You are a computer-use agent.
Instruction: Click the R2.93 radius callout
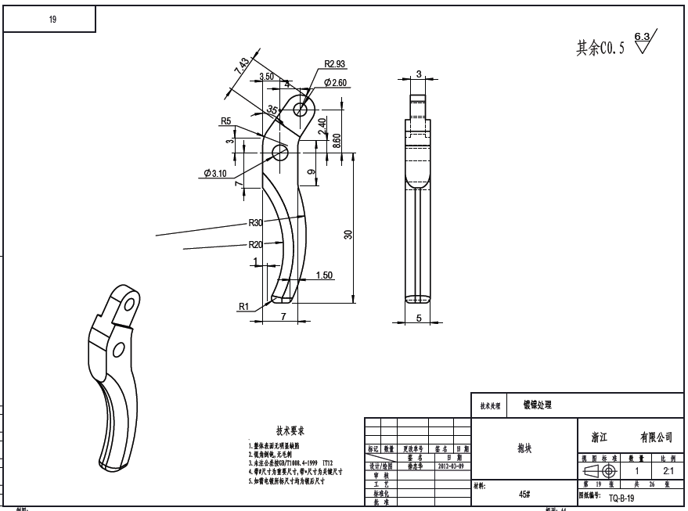pos(335,65)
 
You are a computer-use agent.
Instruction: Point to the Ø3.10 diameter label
pos(214,174)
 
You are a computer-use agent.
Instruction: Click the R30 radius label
pos(255,223)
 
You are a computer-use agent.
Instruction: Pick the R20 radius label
pos(255,244)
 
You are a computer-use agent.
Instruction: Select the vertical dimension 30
pos(348,234)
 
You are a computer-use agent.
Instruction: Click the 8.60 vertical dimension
pos(337,142)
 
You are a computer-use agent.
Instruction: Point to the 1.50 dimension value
pos(323,275)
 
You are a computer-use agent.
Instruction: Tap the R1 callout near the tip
pos(244,307)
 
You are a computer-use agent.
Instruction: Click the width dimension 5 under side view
pos(419,318)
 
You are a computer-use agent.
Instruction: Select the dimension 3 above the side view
pos(419,74)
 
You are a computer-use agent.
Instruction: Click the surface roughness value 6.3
pos(642,37)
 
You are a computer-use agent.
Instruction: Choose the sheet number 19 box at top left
pos(52,20)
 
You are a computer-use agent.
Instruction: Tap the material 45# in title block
pos(525,495)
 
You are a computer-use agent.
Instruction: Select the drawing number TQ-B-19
pos(621,497)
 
